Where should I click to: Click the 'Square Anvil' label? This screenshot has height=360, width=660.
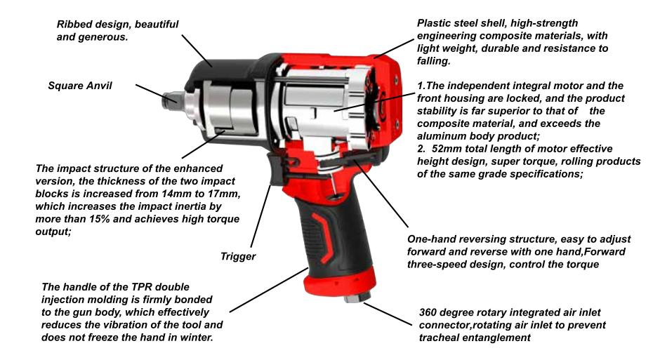point(80,86)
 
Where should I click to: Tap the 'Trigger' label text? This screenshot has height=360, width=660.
point(238,257)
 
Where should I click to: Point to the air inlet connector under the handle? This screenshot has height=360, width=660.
point(357,298)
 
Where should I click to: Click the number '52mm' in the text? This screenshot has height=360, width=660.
point(446,149)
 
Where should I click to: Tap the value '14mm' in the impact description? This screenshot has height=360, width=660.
point(175,194)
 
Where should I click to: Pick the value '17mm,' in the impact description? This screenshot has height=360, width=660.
point(227,194)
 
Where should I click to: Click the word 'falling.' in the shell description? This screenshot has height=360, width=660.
point(433,61)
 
